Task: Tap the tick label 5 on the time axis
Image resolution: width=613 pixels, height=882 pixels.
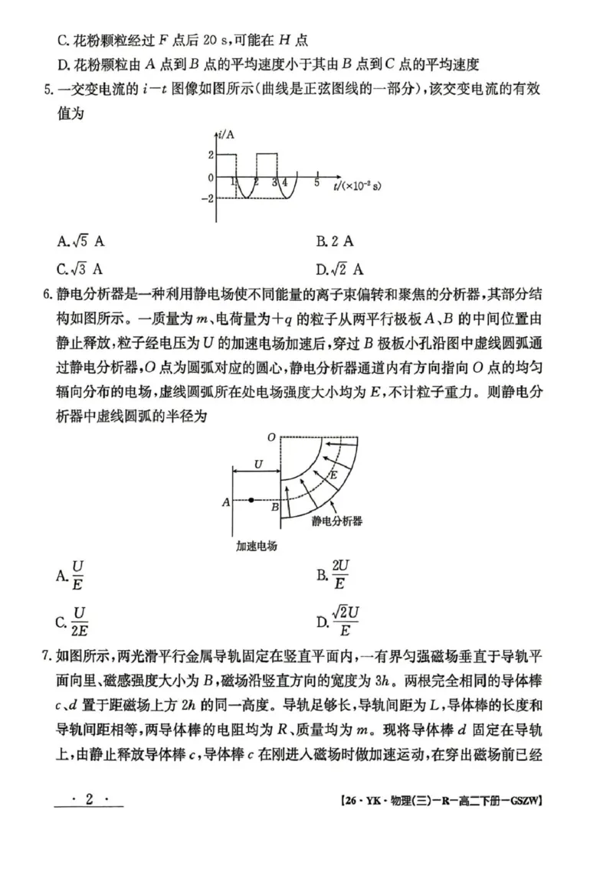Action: [316, 183]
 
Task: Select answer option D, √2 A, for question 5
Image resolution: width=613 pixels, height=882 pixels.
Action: [339, 269]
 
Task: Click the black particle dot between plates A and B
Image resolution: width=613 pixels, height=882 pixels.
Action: [251, 501]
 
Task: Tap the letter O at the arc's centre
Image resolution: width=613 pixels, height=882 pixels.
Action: [270, 437]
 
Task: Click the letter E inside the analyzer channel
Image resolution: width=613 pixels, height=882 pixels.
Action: [333, 475]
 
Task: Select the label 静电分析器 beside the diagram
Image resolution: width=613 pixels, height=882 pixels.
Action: [337, 521]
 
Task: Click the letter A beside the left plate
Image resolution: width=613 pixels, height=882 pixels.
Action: [226, 502]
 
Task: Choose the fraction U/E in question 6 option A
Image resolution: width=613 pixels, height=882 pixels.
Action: [78, 576]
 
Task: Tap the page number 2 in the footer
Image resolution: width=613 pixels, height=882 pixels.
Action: [89, 799]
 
